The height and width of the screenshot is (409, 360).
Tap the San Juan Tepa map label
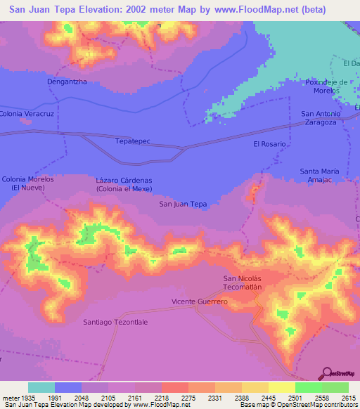tap(183, 204)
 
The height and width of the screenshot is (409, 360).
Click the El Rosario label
tap(269, 143)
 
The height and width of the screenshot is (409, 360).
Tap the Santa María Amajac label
tap(320, 176)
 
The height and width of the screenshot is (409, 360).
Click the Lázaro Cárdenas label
tap(124, 184)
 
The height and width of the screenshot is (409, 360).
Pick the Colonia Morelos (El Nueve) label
tap(28, 183)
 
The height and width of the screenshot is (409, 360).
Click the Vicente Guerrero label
tap(200, 301)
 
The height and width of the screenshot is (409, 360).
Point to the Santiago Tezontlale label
tap(115, 321)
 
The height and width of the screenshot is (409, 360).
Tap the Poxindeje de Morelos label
tap(322, 86)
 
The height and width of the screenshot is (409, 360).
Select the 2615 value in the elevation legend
tap(349, 398)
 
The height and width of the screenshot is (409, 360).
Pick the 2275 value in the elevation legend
tap(188, 398)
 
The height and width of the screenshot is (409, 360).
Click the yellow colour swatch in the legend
tap(281, 387)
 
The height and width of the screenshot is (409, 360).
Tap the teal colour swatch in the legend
tap(41, 387)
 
